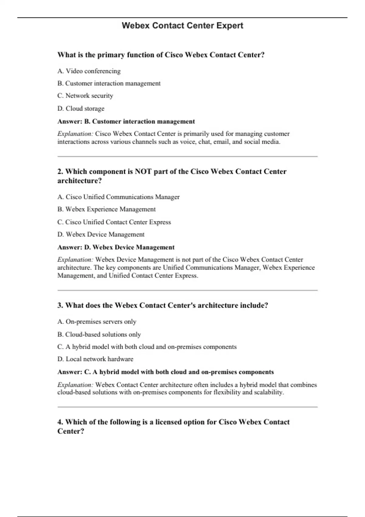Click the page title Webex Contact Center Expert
point(182,26)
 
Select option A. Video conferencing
point(89,71)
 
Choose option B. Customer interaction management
point(109,83)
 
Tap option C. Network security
point(85,96)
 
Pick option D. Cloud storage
point(81,109)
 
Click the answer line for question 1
point(126,122)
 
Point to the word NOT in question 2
point(143,172)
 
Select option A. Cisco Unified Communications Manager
point(118,197)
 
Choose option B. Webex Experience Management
point(106,209)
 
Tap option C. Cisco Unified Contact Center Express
point(114,222)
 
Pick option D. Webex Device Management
point(101,234)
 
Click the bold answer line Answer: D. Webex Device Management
point(116,247)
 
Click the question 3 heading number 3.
point(60,305)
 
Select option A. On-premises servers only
point(97,322)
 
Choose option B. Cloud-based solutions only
point(99,335)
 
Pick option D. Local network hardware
point(95,359)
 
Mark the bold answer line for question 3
point(165,372)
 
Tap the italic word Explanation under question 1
point(75,134)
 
